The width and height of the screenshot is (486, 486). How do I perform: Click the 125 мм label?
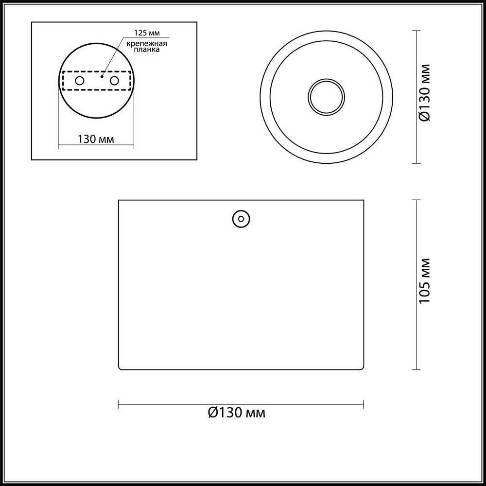click(x=147, y=33)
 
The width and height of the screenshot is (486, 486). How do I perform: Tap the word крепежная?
click(x=147, y=43)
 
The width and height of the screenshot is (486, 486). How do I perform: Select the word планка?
click(x=147, y=50)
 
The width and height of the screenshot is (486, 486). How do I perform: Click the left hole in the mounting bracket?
click(x=80, y=81)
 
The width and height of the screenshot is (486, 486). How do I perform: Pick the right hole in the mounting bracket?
click(x=114, y=81)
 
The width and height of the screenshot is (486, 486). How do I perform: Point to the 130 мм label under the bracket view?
click(x=96, y=139)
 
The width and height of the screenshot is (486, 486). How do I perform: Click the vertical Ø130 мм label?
click(x=424, y=92)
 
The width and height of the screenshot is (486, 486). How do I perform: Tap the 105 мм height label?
click(x=424, y=281)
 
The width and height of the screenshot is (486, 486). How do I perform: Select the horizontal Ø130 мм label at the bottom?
click(x=237, y=413)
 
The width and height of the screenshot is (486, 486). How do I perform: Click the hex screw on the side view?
click(x=241, y=219)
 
